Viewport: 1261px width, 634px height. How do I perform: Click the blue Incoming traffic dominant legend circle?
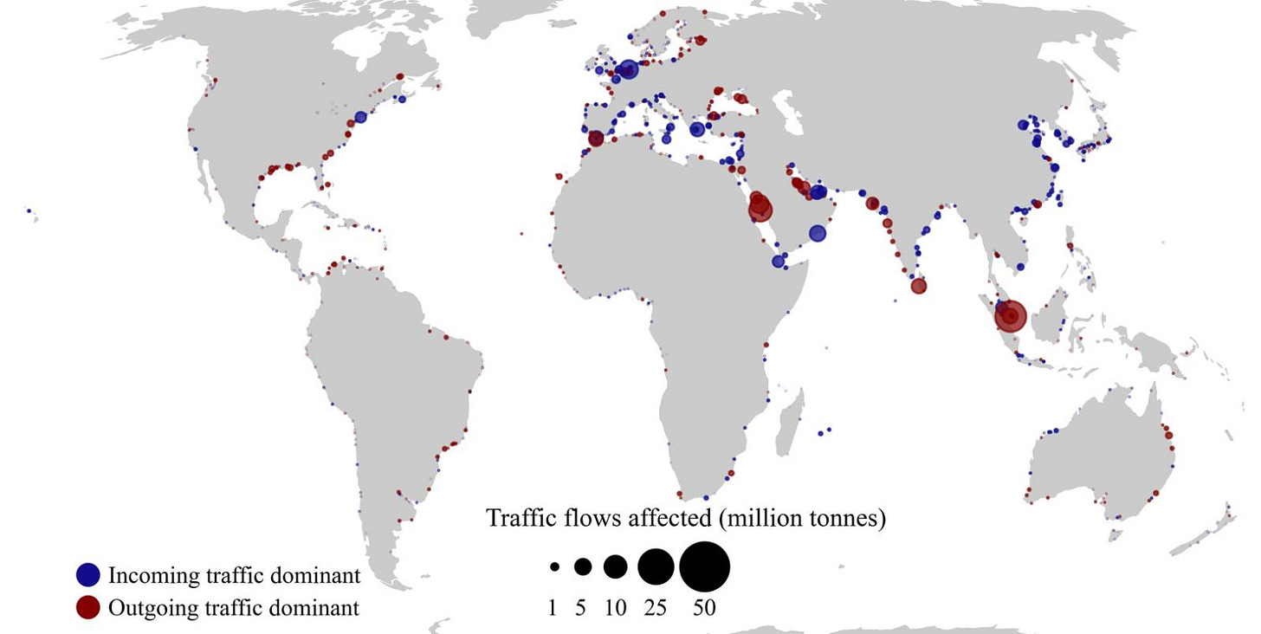[x=88, y=574]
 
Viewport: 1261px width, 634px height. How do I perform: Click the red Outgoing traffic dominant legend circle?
[x=88, y=607]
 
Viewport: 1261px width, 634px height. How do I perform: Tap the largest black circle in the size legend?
[x=704, y=567]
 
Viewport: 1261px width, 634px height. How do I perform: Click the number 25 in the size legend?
[x=656, y=608]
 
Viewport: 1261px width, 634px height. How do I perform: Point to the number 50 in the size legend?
[x=704, y=608]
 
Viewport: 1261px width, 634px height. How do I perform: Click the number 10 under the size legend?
[x=615, y=608]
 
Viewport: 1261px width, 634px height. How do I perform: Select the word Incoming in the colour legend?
[x=146, y=574]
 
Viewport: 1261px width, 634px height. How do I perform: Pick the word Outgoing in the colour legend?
[x=146, y=607]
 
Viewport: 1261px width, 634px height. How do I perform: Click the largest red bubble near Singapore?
[x=1010, y=316]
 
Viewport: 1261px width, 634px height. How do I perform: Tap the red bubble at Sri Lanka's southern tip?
[x=918, y=286]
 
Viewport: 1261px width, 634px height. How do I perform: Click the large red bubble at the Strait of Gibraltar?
[x=596, y=139]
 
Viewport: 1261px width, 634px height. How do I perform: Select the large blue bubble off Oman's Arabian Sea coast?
[x=818, y=233]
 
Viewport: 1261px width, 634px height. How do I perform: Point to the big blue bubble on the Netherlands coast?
[x=629, y=70]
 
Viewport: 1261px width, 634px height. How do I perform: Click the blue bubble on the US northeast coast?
[x=360, y=117]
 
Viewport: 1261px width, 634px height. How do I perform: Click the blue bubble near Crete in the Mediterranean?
[x=697, y=130]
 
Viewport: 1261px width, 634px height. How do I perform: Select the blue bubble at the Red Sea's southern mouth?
[x=778, y=261]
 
